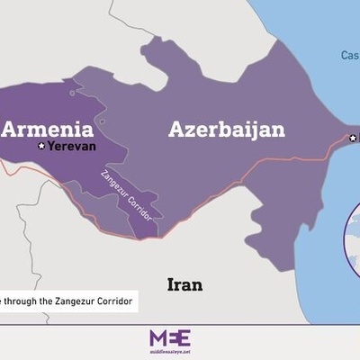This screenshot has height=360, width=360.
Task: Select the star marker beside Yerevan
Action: point(41,146)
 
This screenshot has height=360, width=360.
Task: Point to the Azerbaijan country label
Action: point(226,129)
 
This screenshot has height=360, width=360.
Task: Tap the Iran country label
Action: point(184,284)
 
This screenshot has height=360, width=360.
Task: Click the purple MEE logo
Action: point(169,337)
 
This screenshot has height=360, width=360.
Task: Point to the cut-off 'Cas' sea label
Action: point(350,55)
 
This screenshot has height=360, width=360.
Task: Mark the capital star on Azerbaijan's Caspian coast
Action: point(353,138)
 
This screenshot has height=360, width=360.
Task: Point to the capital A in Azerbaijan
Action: point(177,129)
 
